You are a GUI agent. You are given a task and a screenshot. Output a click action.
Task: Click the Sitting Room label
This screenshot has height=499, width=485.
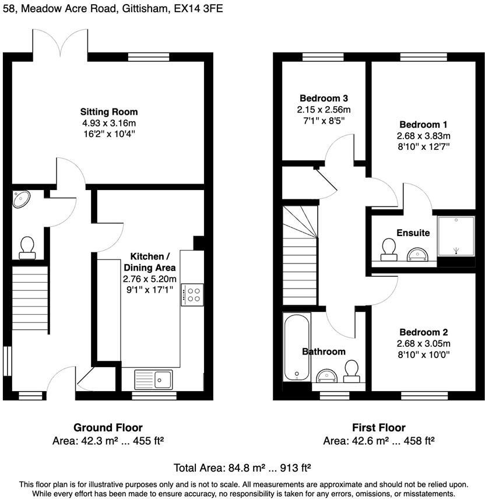(x=109, y=112)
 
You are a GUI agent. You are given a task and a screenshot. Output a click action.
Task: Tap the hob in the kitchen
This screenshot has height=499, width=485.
(x=192, y=294)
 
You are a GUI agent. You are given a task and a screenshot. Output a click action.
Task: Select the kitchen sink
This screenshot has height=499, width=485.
(x=153, y=379)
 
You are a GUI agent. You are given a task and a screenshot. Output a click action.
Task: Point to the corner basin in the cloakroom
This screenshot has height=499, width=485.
(x=22, y=200)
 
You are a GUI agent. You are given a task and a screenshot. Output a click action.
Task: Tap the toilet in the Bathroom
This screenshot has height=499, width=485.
(x=352, y=371)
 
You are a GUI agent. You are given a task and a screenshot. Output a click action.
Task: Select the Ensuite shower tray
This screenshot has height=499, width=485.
(x=456, y=236)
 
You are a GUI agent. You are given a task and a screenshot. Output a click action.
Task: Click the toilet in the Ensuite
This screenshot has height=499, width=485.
(x=389, y=249)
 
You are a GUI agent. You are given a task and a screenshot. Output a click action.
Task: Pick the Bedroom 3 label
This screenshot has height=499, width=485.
(x=324, y=98)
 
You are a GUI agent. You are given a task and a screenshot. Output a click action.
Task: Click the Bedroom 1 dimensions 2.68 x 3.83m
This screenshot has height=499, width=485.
(x=424, y=136)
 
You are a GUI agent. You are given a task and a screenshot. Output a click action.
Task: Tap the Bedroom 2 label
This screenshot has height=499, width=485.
(x=424, y=332)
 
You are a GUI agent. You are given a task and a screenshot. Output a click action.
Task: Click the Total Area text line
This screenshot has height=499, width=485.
(x=242, y=468)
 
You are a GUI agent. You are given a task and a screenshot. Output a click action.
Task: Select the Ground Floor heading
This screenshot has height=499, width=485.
(x=108, y=427)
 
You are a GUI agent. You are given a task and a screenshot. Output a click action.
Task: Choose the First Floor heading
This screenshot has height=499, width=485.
(x=379, y=427)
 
